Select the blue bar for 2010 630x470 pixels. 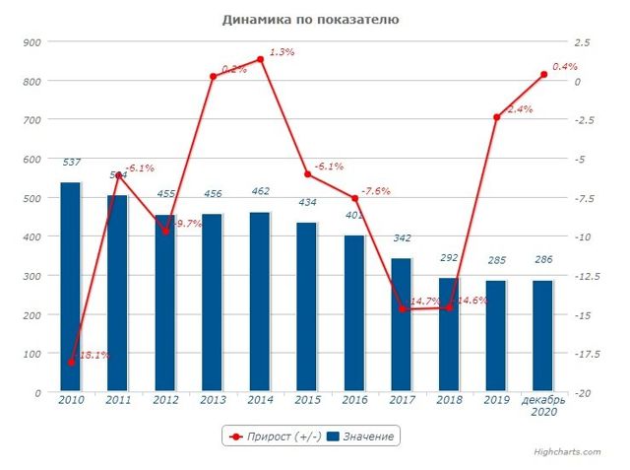click(x=71, y=287)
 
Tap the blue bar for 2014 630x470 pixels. click(x=260, y=302)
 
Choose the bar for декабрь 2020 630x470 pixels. click(x=543, y=336)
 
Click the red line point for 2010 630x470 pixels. click(x=71, y=363)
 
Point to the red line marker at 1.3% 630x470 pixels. click(x=260, y=59)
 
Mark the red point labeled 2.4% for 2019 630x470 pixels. click(x=496, y=117)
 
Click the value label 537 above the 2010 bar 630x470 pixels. click(x=71, y=162)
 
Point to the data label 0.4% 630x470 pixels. click(x=564, y=66)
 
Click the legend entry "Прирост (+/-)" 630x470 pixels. click(x=271, y=436)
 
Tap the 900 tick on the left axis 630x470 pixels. click(x=29, y=41)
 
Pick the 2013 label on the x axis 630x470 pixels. click(x=213, y=400)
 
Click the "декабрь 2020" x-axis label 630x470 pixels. click(x=543, y=406)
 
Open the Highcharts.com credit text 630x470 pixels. click(x=576, y=452)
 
